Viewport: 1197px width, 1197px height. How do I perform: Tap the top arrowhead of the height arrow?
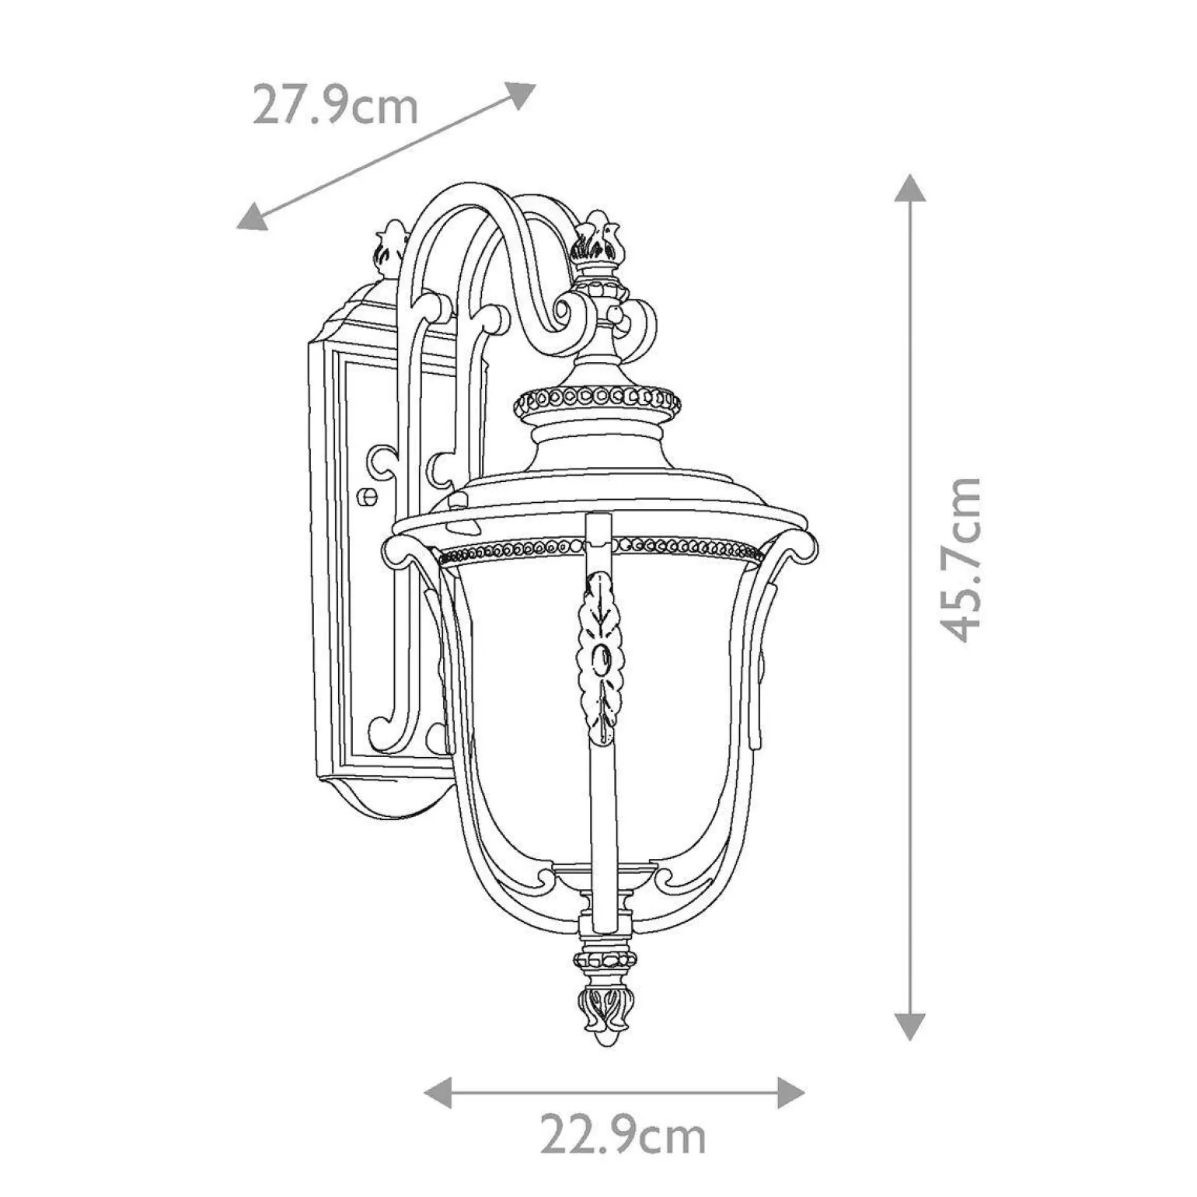coord(910,190)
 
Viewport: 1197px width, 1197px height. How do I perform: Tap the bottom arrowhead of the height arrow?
coord(910,1024)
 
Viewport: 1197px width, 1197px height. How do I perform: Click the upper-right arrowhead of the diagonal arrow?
coord(519,95)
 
